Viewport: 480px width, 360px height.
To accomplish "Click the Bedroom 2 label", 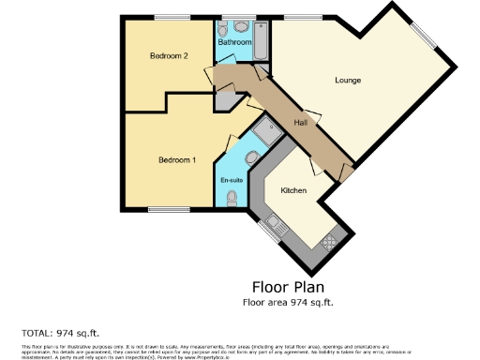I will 170,56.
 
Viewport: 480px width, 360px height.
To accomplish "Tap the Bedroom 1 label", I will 177,160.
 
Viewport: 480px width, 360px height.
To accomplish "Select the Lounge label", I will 348,80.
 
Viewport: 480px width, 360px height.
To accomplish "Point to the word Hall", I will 300,123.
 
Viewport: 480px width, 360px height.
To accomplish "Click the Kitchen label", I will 294,190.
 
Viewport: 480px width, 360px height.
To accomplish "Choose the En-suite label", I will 232,180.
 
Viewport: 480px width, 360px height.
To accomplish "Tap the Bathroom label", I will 234,42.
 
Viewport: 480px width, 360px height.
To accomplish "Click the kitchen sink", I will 274,224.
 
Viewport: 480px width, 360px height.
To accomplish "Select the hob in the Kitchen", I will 329,242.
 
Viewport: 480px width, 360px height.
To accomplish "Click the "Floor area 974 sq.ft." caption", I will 289,302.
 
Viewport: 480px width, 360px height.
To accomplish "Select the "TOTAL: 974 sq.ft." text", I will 59,333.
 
